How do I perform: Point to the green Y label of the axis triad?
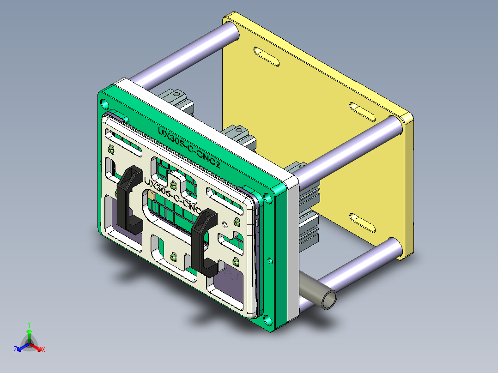point(29,325)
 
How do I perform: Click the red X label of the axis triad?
point(43,350)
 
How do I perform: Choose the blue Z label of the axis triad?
point(15,350)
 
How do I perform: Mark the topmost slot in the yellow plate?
point(267,57)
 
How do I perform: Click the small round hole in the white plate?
point(225,224)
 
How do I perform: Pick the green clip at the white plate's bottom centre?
point(174,257)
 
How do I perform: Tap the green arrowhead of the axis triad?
point(29,332)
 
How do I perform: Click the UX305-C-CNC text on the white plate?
point(172,195)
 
